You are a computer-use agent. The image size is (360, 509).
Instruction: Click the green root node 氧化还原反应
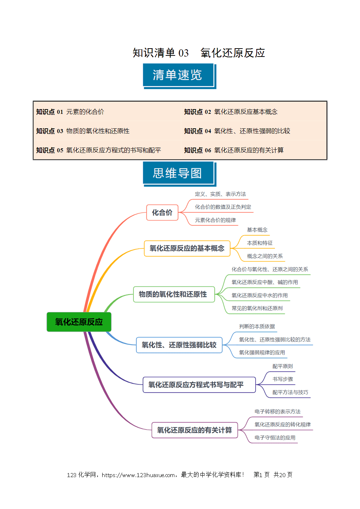pyautogui.click(x=79, y=322)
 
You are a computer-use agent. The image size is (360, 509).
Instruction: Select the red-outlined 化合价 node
pyautogui.click(x=162, y=212)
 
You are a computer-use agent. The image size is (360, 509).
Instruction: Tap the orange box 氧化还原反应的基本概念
pyautogui.click(x=187, y=248)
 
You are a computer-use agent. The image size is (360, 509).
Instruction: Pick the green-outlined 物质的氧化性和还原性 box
pyautogui.click(x=174, y=294)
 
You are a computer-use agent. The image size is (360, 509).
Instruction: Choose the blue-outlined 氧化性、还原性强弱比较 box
pyautogui.click(x=179, y=345)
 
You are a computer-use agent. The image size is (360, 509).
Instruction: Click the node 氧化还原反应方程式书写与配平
pyautogui.click(x=199, y=385)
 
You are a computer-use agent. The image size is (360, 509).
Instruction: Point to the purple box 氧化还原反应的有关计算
pyautogui.click(x=195, y=430)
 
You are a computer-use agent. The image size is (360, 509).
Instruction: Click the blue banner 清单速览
pyautogui.click(x=179, y=76)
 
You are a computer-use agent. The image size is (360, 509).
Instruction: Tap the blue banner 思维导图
pyautogui.click(x=179, y=174)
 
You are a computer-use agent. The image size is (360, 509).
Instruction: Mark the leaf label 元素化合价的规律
pyautogui.click(x=215, y=220)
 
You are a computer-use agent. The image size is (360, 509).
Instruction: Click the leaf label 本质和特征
pyautogui.click(x=260, y=243)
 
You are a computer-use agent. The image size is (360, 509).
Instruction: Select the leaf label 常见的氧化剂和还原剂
pyautogui.click(x=257, y=308)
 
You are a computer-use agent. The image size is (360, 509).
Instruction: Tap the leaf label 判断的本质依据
pyautogui.click(x=257, y=326)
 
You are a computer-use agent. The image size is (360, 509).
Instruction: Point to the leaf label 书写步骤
pyautogui.click(x=283, y=379)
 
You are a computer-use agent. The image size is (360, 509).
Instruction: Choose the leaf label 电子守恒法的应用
pyautogui.click(x=275, y=438)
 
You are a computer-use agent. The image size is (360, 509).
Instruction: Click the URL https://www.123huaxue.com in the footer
pyautogui.click(x=138, y=475)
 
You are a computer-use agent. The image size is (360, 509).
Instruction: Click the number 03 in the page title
pyautogui.click(x=183, y=53)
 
